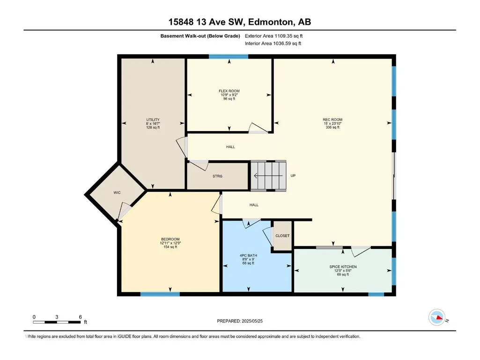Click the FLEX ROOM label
[x=229, y=91]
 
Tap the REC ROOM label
[x=332, y=120]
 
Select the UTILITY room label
[x=153, y=120]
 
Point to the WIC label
[x=117, y=192]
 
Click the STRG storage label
[x=217, y=176]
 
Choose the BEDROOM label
[x=170, y=239]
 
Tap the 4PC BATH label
[x=248, y=255]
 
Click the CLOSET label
[x=282, y=236]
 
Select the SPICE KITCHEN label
[x=343, y=267]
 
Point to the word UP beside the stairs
[x=293, y=176]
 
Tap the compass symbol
[x=437, y=317]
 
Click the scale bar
[x=57, y=322]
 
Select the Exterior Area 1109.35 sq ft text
[x=273, y=36]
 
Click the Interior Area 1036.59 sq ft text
[x=273, y=44]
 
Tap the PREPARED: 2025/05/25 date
[x=240, y=321]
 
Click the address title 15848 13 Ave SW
[x=205, y=22]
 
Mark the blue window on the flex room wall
[x=229, y=56]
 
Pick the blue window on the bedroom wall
[x=160, y=294]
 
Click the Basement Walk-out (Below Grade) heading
[x=200, y=36]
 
